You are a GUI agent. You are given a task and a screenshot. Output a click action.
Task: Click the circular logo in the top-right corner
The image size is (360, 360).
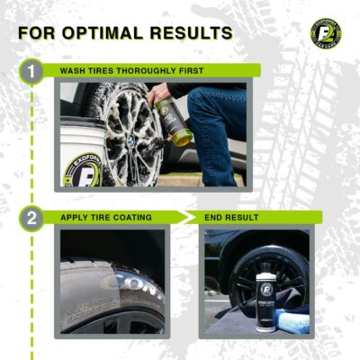(326, 32)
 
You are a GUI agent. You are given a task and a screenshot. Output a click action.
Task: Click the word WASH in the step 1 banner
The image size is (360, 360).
(76, 70)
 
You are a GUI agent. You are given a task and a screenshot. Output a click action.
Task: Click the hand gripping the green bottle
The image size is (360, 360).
(159, 94)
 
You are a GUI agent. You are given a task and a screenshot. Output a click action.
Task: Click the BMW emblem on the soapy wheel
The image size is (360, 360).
(119, 141)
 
